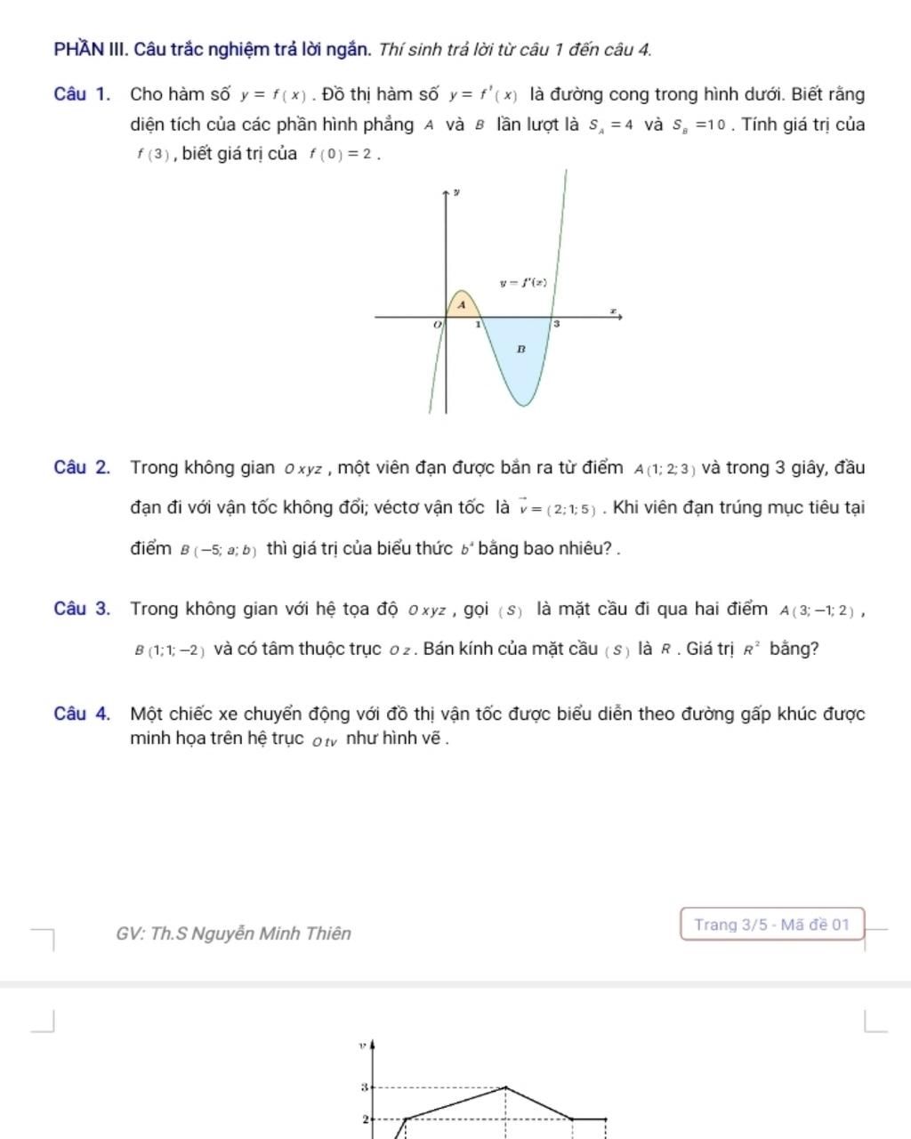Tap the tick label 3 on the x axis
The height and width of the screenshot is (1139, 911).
pos(557,325)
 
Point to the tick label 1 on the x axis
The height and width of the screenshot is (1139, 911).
pos(478,325)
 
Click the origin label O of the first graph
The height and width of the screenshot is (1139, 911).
pos(437,326)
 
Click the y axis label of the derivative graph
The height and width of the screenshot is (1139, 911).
pos(456,191)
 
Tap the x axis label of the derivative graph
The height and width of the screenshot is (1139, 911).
pos(612,310)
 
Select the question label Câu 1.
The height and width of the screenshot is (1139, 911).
pos(82,94)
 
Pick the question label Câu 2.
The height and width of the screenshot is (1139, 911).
pos(82,468)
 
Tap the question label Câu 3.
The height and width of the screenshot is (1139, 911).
pos(82,610)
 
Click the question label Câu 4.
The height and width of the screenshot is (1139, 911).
pos(82,714)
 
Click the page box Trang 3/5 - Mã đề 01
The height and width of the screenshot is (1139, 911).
pos(772,925)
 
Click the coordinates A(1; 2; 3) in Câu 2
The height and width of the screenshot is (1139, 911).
pos(665,469)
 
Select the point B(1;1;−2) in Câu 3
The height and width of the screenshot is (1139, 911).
pos(170,650)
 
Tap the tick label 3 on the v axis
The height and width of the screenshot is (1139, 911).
pos(364,1087)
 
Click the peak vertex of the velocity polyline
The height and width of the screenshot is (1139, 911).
pos(506,1086)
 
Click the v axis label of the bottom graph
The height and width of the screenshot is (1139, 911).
pos(362,1046)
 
